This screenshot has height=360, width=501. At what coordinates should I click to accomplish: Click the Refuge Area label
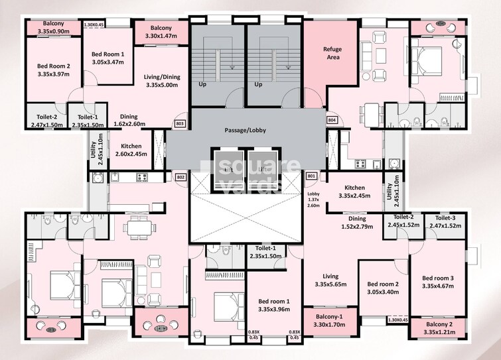[332, 54]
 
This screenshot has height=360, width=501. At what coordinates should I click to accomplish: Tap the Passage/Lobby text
[245, 131]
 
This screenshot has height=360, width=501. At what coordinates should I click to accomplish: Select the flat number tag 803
[179, 123]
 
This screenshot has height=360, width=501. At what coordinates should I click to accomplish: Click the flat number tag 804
[332, 120]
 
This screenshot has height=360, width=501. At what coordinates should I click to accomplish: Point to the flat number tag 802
[180, 177]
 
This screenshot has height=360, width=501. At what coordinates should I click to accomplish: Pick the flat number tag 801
[311, 176]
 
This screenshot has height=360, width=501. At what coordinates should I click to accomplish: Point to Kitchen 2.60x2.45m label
[130, 150]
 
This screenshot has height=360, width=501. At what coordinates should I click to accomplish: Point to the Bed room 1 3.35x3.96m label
[273, 305]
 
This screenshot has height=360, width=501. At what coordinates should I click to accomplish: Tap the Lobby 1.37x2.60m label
[314, 200]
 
